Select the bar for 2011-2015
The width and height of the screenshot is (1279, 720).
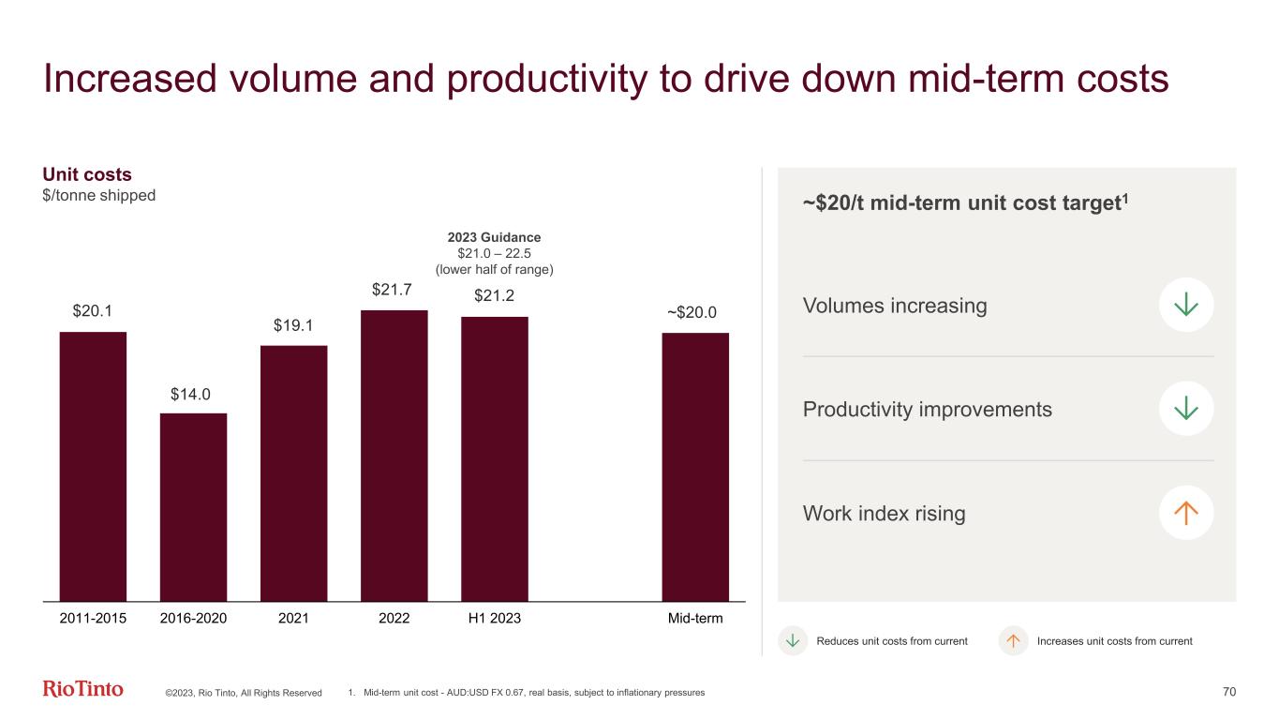[x=93, y=466]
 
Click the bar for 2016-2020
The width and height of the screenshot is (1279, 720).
[x=193, y=506]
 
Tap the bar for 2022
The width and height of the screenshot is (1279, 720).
[x=394, y=455]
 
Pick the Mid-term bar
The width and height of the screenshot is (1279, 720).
[x=695, y=466]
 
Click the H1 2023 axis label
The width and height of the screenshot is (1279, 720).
[x=494, y=619]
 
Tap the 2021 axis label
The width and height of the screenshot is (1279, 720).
[x=293, y=619]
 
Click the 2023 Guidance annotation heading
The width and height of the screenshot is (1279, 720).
[x=494, y=237]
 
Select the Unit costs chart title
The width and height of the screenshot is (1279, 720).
[x=87, y=174]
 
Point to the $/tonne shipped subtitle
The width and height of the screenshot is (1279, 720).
[x=99, y=195]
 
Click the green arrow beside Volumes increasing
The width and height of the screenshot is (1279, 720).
[x=1186, y=305]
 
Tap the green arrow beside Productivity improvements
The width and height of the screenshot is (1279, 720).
[x=1186, y=409]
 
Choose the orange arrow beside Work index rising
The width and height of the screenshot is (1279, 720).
[x=1186, y=513]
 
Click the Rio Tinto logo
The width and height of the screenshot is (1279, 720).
[x=83, y=690]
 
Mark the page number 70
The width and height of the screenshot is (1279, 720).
[x=1229, y=692]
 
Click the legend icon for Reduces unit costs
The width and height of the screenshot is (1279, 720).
[x=793, y=641]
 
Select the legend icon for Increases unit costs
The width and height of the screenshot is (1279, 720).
[x=1013, y=641]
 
